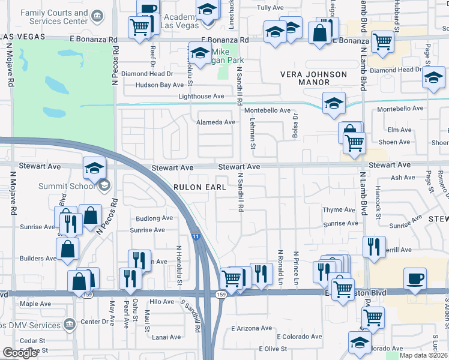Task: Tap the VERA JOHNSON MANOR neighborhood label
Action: [x=314, y=79]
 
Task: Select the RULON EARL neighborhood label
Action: [x=200, y=187]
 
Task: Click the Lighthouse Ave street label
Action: [x=200, y=96]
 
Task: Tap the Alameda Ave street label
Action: [x=216, y=122]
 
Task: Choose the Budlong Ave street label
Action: [x=154, y=218]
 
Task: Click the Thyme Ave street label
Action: [x=339, y=210]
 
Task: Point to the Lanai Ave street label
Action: [x=166, y=337]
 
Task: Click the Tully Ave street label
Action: [x=270, y=8]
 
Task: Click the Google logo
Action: [x=20, y=353]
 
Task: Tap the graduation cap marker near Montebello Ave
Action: [x=334, y=103]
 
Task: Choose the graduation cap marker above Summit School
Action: [x=94, y=168]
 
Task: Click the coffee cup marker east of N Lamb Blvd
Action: [x=415, y=278]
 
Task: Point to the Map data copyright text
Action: [x=424, y=355]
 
